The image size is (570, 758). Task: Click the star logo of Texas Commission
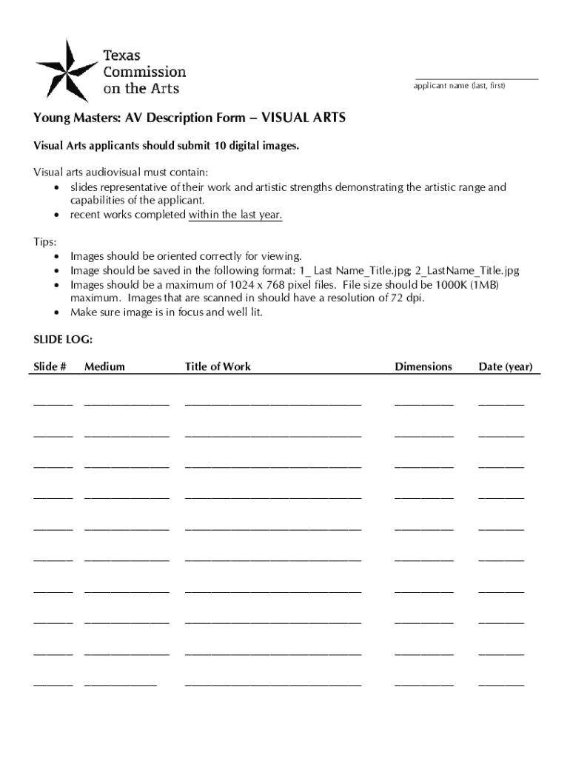point(67,70)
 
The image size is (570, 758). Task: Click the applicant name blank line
point(476,78)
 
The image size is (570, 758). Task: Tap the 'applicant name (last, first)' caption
point(459,87)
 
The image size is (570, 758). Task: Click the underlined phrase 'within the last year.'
point(235,215)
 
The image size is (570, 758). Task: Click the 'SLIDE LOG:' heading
point(63,340)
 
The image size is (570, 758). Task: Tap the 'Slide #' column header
point(50,366)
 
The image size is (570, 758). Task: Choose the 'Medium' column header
point(104,366)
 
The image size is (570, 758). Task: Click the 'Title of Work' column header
point(218,366)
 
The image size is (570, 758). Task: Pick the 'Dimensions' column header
point(423,366)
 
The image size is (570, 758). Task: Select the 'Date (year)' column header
point(505,366)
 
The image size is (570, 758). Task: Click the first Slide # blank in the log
point(53,404)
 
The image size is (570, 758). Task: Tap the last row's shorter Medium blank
point(121,684)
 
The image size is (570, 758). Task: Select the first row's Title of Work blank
point(273,404)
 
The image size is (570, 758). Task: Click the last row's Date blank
point(501,684)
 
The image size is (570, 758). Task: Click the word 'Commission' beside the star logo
point(144,72)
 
